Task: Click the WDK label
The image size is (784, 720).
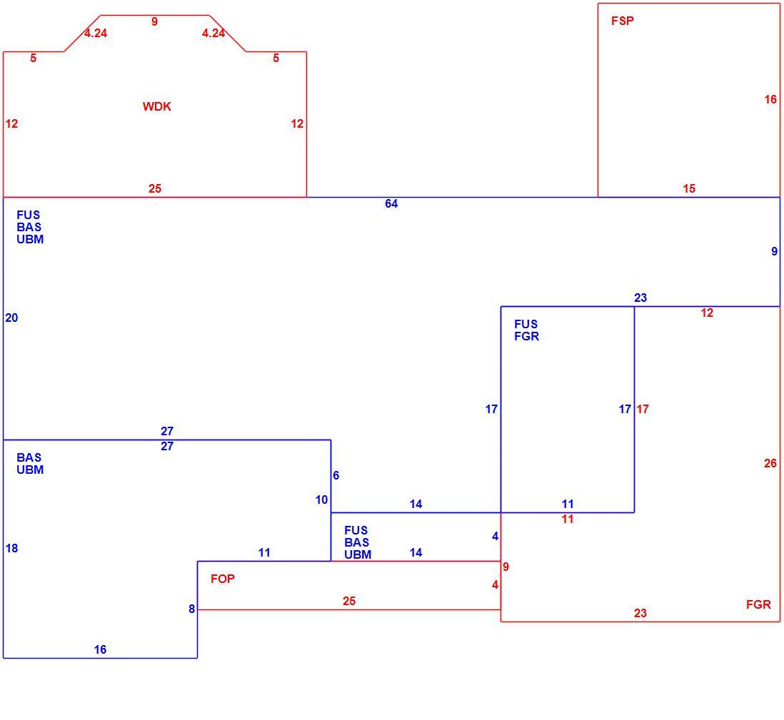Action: (156, 106)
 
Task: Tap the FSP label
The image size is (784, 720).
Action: (623, 21)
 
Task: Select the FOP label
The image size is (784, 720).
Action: (223, 579)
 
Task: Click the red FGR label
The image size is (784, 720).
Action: (758, 604)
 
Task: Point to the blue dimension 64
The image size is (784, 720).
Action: (391, 203)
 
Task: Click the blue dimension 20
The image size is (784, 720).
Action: (11, 318)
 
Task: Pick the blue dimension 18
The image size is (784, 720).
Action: (11, 548)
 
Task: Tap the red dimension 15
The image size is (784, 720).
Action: (689, 188)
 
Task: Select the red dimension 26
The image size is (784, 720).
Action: (770, 463)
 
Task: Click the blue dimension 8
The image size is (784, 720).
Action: (191, 609)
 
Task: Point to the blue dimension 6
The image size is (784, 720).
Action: (336, 475)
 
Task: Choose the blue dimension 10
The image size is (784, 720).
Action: (321, 500)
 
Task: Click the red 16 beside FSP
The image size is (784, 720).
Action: (770, 99)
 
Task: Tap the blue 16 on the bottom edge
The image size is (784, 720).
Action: (100, 649)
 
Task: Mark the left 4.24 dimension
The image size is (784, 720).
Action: (96, 33)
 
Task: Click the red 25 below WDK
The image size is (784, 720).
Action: (155, 188)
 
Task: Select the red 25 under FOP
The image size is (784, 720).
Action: (349, 601)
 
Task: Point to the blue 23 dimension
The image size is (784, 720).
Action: (640, 298)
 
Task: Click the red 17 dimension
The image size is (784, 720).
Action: (643, 409)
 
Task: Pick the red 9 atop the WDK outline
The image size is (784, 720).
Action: (154, 21)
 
